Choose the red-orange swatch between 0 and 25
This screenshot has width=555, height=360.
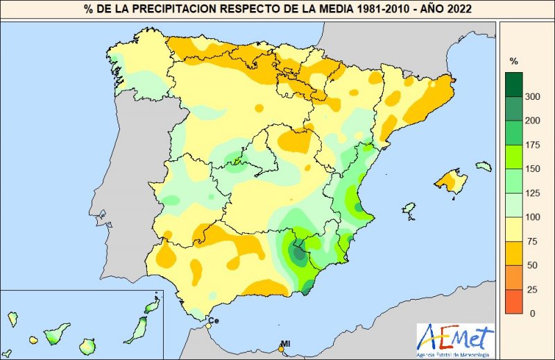(514, 301)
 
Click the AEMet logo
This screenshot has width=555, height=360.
(454, 341)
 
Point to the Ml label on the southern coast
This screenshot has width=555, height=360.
(285, 343)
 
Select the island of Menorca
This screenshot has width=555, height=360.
(484, 166)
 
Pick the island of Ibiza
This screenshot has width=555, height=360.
(409, 209)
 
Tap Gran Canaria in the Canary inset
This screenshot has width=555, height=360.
(87, 344)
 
